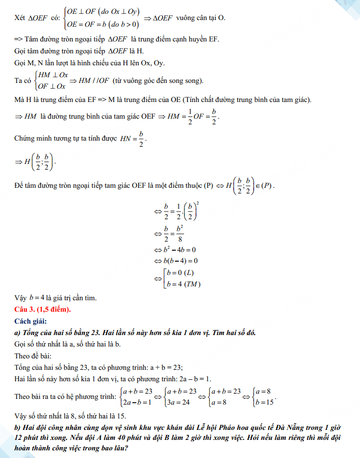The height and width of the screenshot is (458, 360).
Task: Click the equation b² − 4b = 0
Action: tap(180, 249)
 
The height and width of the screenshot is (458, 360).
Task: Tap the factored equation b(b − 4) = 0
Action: tap(180, 261)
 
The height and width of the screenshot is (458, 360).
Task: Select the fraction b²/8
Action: tap(180, 234)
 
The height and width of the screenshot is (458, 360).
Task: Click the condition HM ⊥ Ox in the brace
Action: tap(52, 75)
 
